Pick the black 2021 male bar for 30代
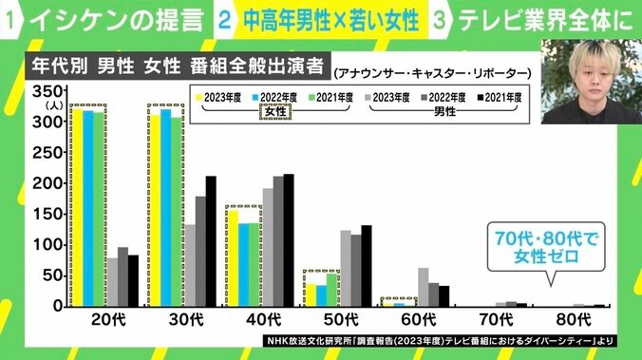pyautogui.click(x=211, y=241)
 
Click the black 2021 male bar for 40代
pyautogui.click(x=289, y=240)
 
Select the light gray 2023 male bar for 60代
pyautogui.click(x=423, y=287)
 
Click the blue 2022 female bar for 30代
pyautogui.click(x=165, y=208)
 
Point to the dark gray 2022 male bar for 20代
pyautogui.click(x=123, y=276)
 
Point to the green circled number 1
pyautogui.click(x=10, y=18)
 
